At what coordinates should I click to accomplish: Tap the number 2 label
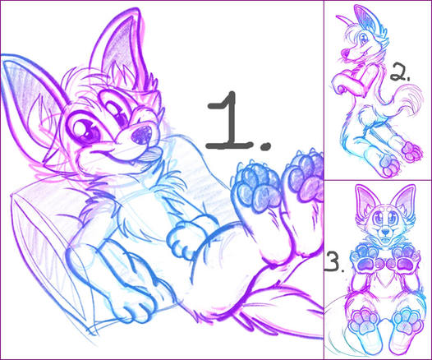[398, 73]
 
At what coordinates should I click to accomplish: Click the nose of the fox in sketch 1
[141, 135]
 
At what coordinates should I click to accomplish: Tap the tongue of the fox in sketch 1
[150, 153]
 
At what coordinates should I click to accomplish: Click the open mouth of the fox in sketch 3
[385, 239]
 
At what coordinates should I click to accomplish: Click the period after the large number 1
[265, 145]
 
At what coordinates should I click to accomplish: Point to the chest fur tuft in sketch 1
[171, 179]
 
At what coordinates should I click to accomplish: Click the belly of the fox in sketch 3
[385, 287]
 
